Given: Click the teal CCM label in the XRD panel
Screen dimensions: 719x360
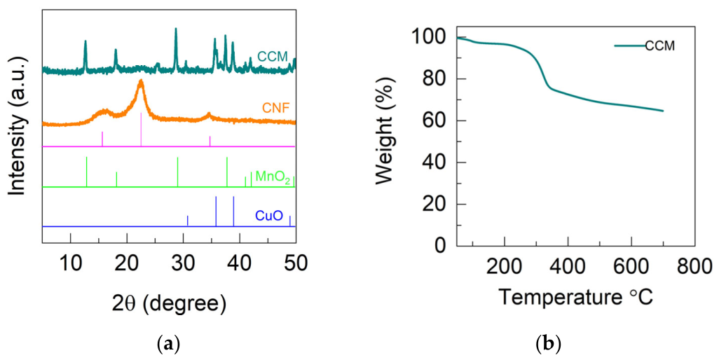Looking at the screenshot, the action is click(x=272, y=57).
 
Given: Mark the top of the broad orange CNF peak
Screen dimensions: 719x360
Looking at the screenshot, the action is click(x=141, y=81).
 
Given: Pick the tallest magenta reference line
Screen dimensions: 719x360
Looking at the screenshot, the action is click(x=141, y=129).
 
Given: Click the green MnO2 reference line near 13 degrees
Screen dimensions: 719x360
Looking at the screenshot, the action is click(x=87, y=172).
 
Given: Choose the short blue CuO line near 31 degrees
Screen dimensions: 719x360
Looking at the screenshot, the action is click(x=188, y=221).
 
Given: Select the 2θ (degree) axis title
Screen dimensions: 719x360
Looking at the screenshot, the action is click(x=169, y=304).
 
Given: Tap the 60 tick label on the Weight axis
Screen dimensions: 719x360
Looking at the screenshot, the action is click(x=439, y=121).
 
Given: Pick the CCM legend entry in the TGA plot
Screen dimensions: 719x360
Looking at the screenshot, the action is click(x=644, y=46).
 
